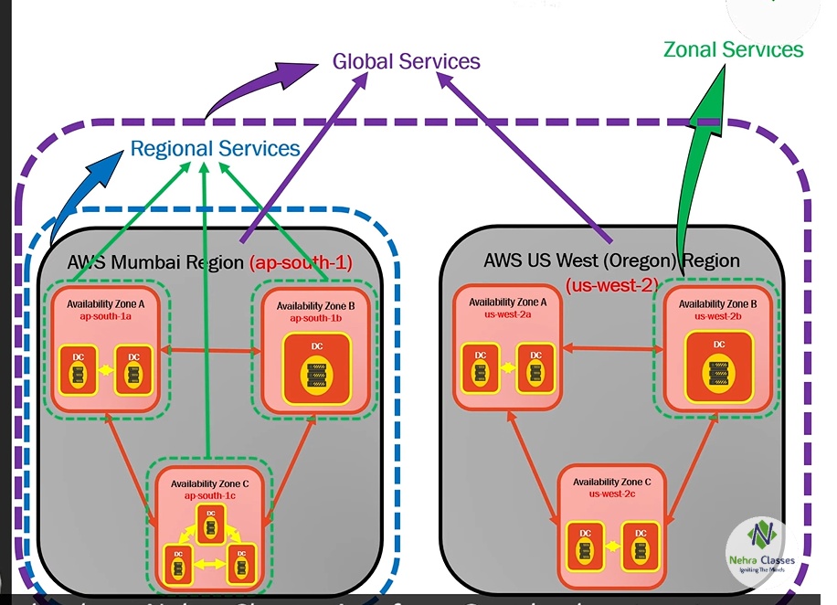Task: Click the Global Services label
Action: point(406,62)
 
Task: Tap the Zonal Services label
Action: point(733,49)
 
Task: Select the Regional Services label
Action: point(215,148)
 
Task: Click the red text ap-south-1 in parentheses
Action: point(301,263)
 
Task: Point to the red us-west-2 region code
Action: point(611,284)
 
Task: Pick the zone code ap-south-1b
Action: point(315,318)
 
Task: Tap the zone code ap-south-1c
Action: point(210,495)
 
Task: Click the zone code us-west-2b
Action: point(718,316)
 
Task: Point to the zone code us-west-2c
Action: point(610,494)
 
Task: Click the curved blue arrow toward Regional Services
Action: point(78,192)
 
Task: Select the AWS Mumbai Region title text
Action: point(156,262)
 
